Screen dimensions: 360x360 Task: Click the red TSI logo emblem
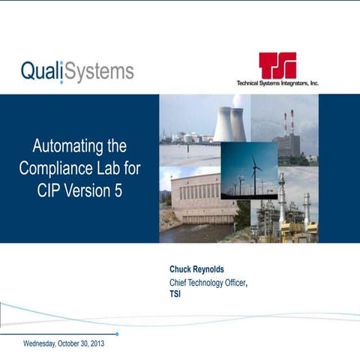pyautogui.click(x=277, y=65)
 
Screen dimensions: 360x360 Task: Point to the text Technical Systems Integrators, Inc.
pyautogui.click(x=277, y=83)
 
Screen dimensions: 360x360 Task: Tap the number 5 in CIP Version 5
pyautogui.click(x=118, y=190)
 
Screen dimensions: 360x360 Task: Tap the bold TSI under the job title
pyautogui.click(x=175, y=294)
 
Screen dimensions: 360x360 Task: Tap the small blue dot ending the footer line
pyautogui.click(x=117, y=334)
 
